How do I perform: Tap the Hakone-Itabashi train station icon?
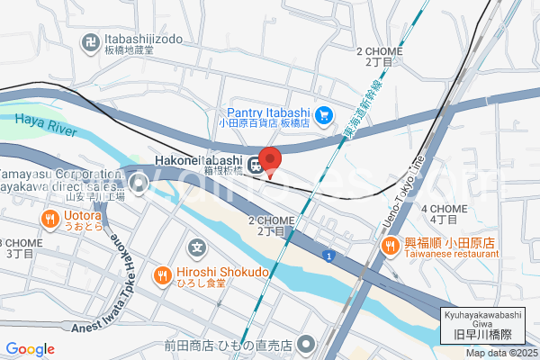[256, 164]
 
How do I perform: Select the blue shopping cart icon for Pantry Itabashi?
[325, 113]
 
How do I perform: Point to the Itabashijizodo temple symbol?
[91, 41]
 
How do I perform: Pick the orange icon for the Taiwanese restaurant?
[390, 244]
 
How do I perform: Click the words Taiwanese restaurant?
[451, 255]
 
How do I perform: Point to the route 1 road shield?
[329, 256]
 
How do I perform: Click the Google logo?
[30, 349]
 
